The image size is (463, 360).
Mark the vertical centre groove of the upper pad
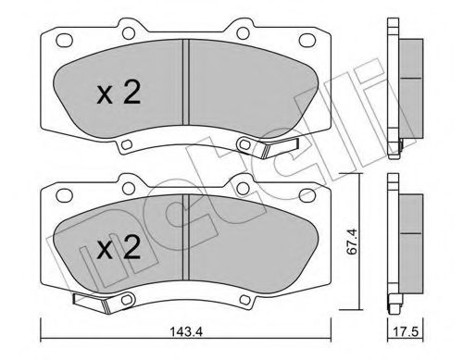189,88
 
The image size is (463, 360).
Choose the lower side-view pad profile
398,242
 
